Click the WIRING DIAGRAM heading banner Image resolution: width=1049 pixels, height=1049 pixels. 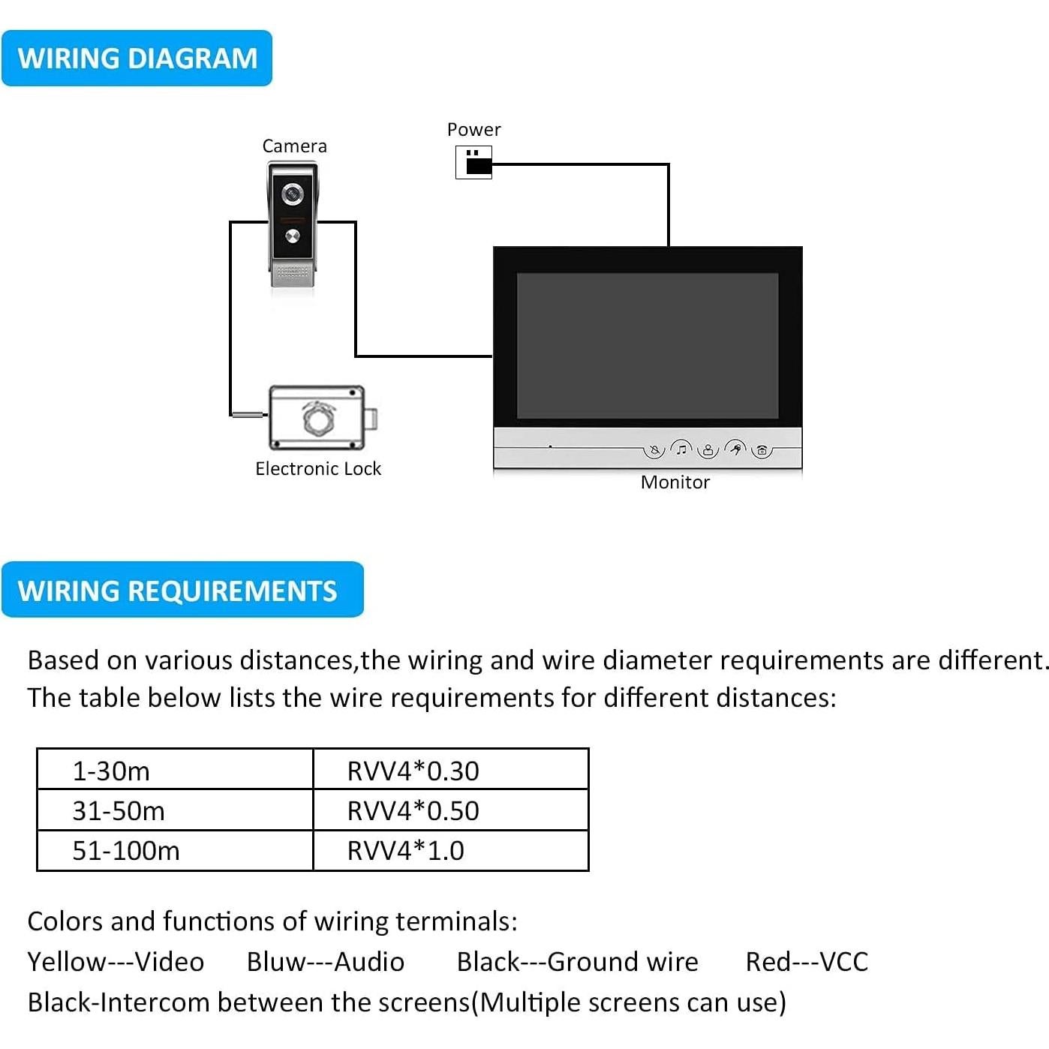point(137,59)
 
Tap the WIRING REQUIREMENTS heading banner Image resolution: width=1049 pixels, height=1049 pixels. point(182,591)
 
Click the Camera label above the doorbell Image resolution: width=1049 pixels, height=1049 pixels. point(294,146)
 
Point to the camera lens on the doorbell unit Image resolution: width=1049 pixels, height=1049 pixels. point(293,194)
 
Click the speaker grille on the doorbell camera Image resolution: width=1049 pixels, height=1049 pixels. point(293,274)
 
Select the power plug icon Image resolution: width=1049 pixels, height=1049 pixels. point(474,162)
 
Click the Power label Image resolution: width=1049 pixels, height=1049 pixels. point(473,130)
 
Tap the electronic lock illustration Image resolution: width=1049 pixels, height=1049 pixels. point(321,418)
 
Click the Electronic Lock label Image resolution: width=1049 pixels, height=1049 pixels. point(318,469)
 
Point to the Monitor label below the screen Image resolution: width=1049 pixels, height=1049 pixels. point(675,482)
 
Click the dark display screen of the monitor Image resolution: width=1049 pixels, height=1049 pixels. point(648,345)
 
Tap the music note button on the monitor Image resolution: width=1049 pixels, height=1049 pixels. point(681,449)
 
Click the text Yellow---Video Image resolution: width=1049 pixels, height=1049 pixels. point(116,962)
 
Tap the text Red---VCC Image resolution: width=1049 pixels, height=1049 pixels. point(807,962)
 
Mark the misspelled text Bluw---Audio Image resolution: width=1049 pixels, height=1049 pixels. point(326,962)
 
